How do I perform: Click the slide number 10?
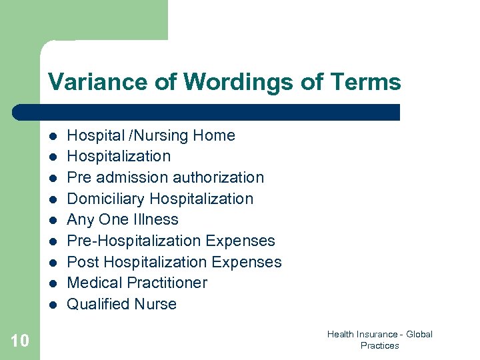pos(20,341)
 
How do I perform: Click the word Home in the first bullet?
pos(214,135)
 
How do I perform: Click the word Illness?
pos(156,219)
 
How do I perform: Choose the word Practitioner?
pos(167,283)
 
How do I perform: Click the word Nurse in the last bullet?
pos(155,304)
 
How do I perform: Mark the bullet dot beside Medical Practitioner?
pos(51,283)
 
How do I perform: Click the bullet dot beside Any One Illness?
pos(51,220)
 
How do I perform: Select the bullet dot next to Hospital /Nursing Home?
pos(51,136)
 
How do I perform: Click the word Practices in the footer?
pos(379,345)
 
